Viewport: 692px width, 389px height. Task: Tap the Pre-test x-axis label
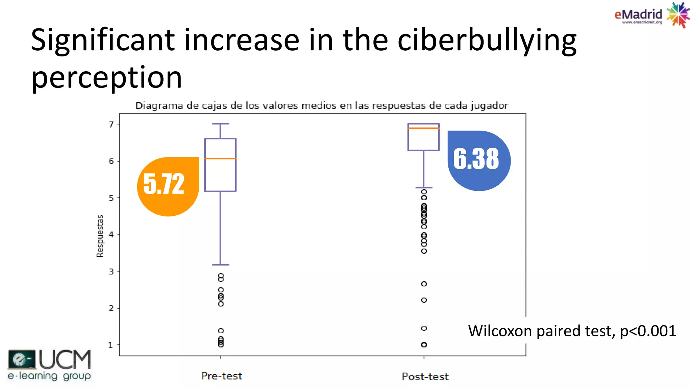[x=222, y=376]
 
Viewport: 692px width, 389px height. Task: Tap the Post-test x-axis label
[x=425, y=377]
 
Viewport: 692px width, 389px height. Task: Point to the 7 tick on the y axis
[x=111, y=125]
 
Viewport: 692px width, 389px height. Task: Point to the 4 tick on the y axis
[x=111, y=235]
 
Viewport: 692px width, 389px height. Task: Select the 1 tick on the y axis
[x=110, y=345]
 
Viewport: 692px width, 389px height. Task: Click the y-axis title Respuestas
[x=100, y=236]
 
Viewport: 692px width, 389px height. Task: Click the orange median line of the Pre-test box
[x=220, y=158]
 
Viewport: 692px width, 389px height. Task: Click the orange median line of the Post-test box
[x=423, y=128]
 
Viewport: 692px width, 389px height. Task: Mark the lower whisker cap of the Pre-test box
[x=221, y=265]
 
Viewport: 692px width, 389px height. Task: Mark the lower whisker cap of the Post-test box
[x=424, y=187]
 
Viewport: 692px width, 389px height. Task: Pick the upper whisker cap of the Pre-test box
[x=221, y=124]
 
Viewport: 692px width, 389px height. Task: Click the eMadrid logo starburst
[x=677, y=15]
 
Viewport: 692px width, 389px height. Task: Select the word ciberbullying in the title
[x=487, y=41]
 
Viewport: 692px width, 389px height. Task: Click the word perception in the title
[x=106, y=78]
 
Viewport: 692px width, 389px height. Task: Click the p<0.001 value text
[x=648, y=331]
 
